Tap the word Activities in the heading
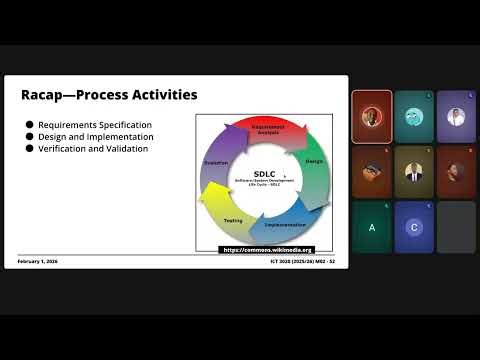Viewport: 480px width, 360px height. click(x=160, y=95)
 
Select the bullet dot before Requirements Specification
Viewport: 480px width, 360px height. click(x=29, y=125)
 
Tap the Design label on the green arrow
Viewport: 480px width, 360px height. click(x=313, y=161)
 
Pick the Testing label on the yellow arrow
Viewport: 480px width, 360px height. click(x=233, y=220)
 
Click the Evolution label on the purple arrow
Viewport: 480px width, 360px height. click(x=217, y=162)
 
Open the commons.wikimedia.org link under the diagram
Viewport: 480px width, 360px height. click(x=267, y=250)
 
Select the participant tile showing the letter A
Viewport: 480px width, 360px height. click(x=372, y=227)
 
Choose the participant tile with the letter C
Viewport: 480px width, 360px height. click(x=414, y=227)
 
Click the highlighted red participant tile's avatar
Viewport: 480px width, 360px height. click(x=371, y=116)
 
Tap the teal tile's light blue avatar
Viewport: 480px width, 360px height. click(x=413, y=117)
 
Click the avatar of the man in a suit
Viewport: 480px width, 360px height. click(x=414, y=171)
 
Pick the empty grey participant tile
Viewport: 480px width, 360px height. click(x=456, y=227)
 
